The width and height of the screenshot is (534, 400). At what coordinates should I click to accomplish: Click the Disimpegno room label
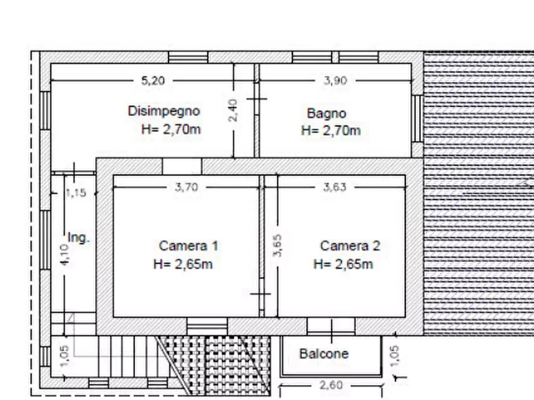click(x=164, y=111)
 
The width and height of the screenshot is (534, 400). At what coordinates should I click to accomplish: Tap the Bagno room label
click(x=326, y=113)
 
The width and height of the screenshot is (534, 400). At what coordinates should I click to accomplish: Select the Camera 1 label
click(x=188, y=245)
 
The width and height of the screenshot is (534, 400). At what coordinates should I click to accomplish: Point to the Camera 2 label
click(x=350, y=245)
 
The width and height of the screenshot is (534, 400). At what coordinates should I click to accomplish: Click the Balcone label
click(x=324, y=354)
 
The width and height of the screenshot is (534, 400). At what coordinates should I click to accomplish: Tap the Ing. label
click(x=79, y=238)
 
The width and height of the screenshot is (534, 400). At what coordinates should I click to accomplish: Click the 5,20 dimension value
click(x=153, y=81)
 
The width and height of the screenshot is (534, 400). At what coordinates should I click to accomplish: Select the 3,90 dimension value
click(x=335, y=81)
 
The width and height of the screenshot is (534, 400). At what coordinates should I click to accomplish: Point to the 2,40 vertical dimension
click(x=233, y=110)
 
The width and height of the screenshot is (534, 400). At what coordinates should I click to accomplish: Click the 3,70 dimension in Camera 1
click(x=187, y=187)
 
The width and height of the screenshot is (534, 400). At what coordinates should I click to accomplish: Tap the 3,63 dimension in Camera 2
click(x=335, y=187)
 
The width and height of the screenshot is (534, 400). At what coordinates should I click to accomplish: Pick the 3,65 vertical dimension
click(x=277, y=245)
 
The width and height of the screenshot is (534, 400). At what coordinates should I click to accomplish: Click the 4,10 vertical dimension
click(x=64, y=254)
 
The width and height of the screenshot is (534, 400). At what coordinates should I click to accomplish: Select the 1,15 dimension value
click(x=76, y=193)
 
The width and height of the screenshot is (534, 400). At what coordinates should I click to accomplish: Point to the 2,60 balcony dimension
click(x=331, y=385)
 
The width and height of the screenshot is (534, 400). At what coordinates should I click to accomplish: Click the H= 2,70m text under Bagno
click(x=331, y=130)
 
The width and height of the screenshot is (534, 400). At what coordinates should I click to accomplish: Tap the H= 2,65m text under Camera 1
click(x=183, y=264)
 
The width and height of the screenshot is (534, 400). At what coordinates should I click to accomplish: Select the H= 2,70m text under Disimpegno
click(x=171, y=129)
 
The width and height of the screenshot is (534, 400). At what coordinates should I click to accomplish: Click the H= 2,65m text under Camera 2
click(x=343, y=264)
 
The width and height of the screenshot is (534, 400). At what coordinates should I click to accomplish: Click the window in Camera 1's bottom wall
click(x=207, y=327)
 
